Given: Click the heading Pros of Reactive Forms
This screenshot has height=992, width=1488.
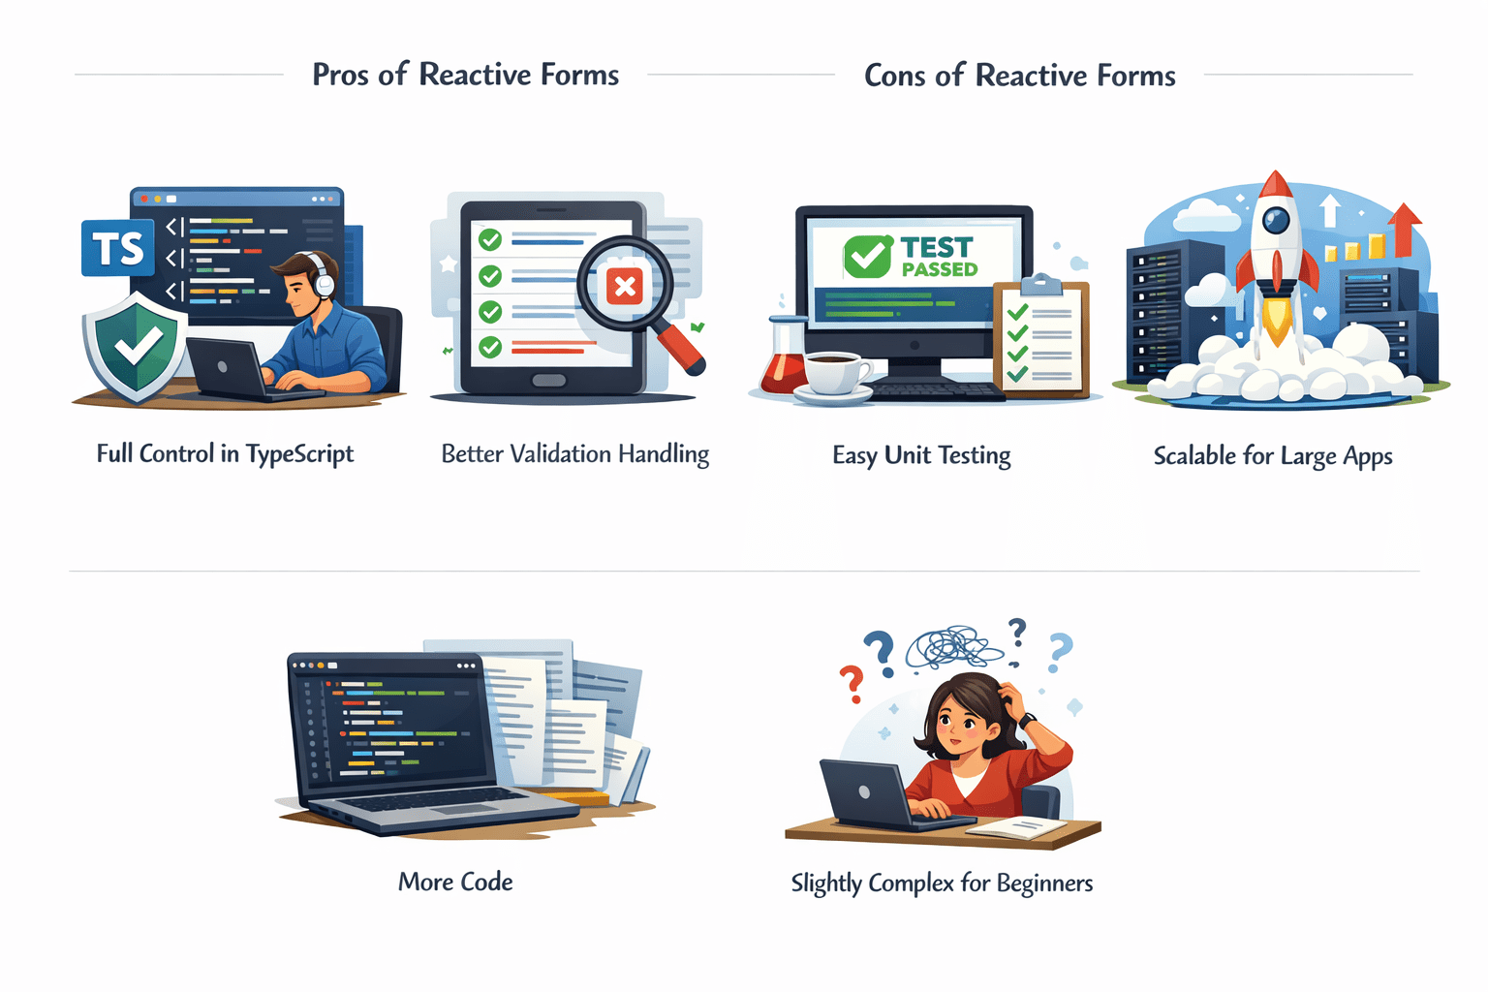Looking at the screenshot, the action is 465,75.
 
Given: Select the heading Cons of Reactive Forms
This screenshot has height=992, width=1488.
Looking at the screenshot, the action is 1019,76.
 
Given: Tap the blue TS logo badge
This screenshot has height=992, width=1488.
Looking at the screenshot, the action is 118,248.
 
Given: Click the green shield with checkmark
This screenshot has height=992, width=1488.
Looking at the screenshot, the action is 136,344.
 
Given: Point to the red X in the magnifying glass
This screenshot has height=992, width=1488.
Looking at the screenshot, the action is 625,286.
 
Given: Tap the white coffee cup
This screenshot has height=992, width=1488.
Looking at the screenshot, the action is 833,372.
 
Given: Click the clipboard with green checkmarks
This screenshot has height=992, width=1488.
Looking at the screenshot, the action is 1041,339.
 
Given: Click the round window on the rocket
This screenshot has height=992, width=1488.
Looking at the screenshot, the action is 1276,220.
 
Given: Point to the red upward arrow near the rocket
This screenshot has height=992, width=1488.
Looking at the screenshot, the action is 1404,227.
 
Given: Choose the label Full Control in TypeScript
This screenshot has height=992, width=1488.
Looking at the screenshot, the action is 225,454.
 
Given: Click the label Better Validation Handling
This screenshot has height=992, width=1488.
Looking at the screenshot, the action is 574,454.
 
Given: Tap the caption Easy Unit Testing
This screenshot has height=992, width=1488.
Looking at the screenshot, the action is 921,455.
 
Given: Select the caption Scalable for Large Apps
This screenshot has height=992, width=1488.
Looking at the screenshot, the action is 1272,456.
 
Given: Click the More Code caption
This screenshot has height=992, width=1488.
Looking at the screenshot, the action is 455,882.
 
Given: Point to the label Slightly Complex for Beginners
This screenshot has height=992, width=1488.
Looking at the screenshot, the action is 942,883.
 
